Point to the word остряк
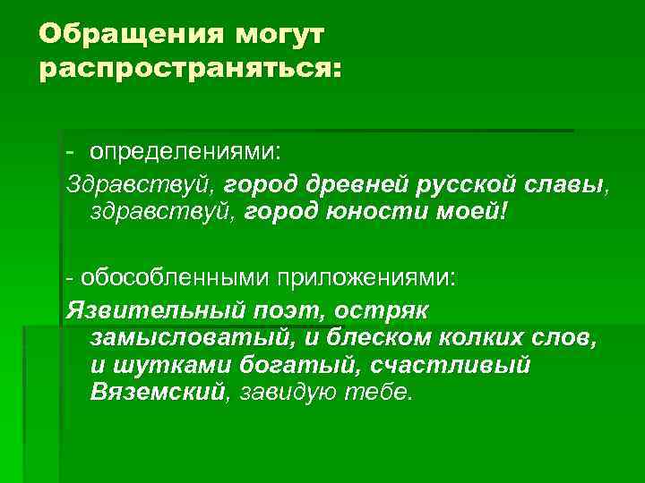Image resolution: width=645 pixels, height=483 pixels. pyautogui.click(x=389, y=309)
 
